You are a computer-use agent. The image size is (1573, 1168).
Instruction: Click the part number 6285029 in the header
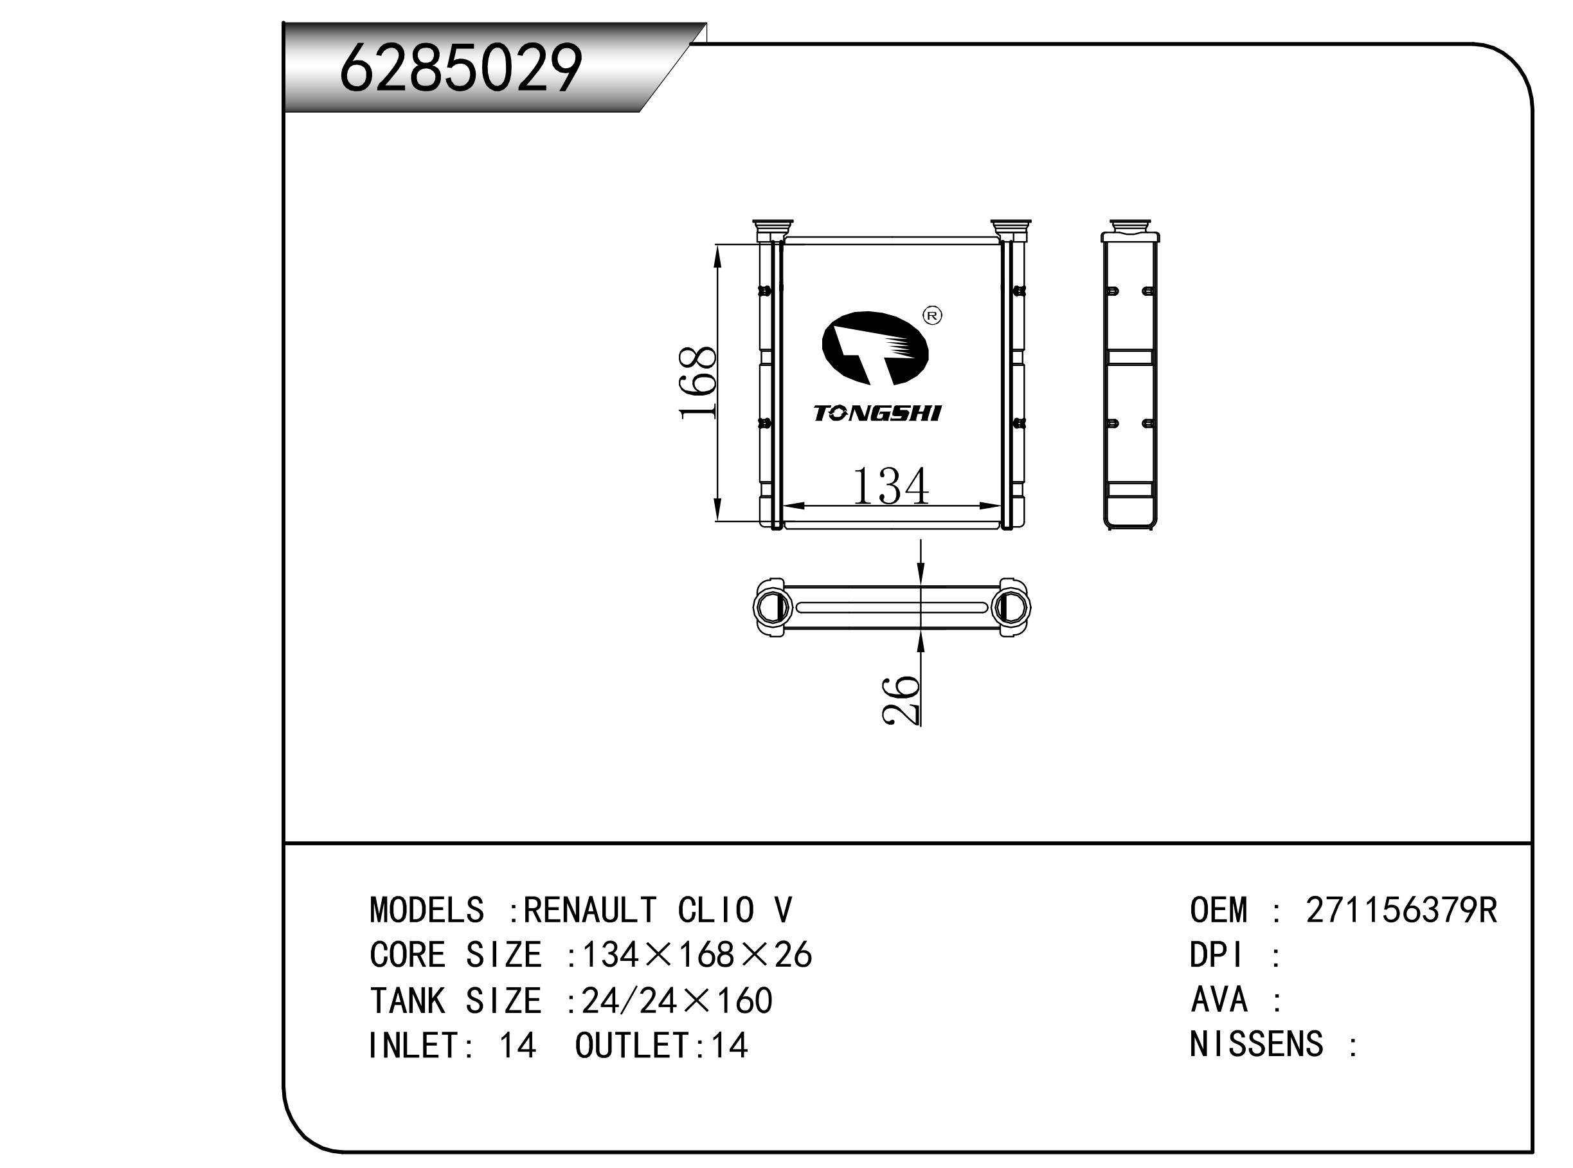tap(461, 68)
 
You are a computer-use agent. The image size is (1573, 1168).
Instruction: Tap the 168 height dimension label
tap(698, 383)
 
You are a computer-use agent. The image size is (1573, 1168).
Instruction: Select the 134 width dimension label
tap(890, 486)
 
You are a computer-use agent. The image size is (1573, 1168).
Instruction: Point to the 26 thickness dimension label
tap(901, 699)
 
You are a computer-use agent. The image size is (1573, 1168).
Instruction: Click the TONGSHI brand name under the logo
tap(877, 414)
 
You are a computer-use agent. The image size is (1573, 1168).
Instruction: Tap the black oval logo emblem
tap(875, 349)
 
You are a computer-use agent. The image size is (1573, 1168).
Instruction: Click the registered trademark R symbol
tap(933, 315)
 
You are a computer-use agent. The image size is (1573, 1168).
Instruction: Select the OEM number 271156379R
tap(1401, 911)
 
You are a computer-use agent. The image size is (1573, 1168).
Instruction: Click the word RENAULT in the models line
tap(590, 911)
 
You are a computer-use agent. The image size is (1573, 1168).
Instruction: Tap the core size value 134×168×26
tap(696, 956)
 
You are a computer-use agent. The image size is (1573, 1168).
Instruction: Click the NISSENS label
tap(1255, 1045)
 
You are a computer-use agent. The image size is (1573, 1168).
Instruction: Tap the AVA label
tap(1219, 999)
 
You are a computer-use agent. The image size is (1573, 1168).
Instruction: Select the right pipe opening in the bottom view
tap(1011, 607)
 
